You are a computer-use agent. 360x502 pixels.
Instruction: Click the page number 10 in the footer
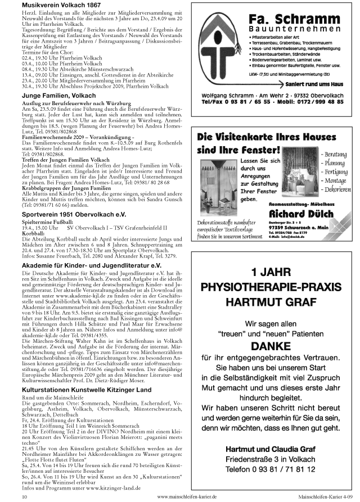24,498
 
